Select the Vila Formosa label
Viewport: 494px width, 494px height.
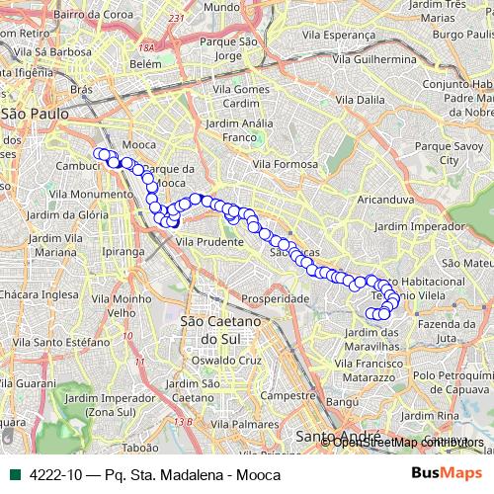[285, 163]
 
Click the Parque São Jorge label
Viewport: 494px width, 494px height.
[227, 48]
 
